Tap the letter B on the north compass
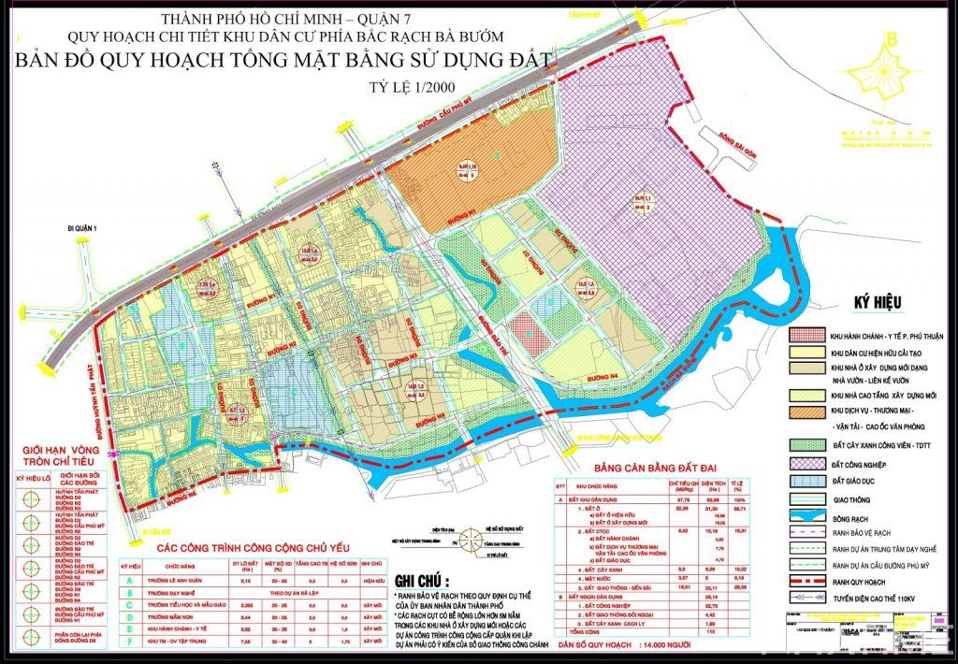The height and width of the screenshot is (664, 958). [x=893, y=39]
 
